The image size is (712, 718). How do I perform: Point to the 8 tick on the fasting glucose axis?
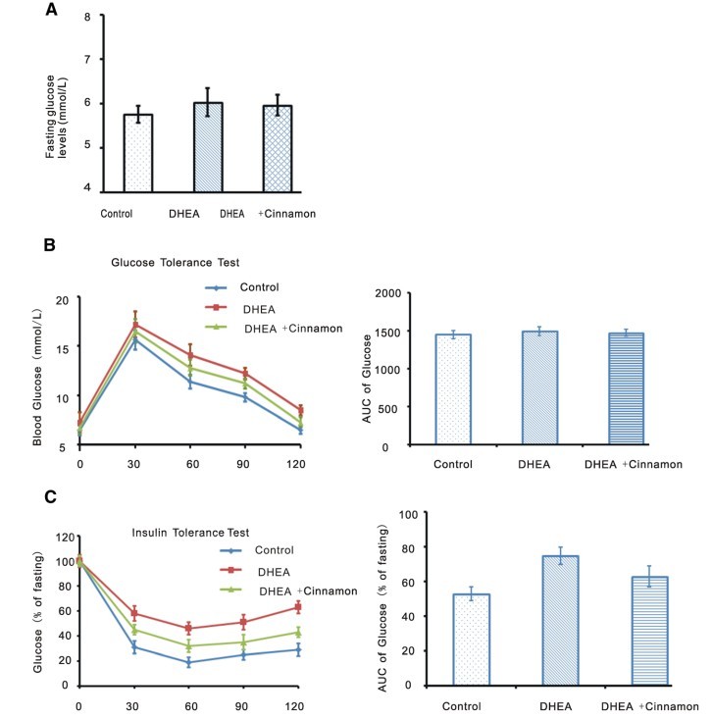click(88, 18)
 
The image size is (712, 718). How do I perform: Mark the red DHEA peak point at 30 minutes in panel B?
click(135, 325)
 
